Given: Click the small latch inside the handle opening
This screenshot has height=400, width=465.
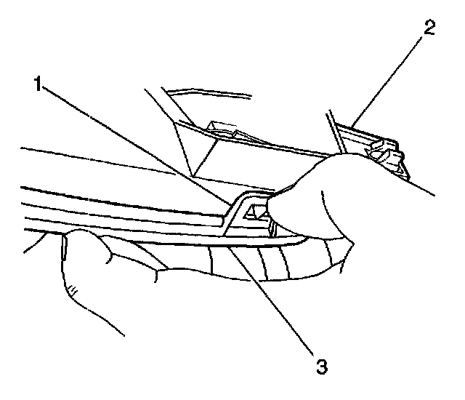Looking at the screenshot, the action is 256,212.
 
